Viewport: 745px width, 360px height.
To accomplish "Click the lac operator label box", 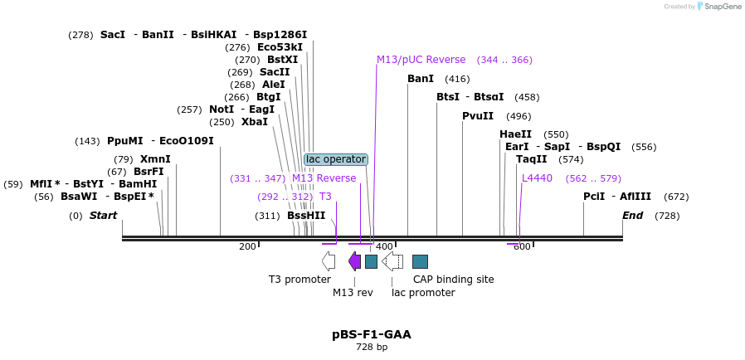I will (x=336, y=159).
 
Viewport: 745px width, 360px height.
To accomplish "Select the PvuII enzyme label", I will (x=478, y=116).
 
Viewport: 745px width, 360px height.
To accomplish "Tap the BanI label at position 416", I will (x=421, y=79).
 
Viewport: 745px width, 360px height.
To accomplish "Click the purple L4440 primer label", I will (x=537, y=178).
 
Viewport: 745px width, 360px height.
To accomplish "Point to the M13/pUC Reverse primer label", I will (x=421, y=60).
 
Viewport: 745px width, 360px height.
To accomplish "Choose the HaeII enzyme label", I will (x=515, y=134).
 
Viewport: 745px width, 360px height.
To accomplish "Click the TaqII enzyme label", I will (x=532, y=159).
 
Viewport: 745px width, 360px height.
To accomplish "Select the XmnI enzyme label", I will (x=155, y=159).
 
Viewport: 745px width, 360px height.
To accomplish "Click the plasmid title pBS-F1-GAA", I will (x=372, y=335).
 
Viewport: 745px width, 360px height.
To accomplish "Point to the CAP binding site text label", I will (x=453, y=280).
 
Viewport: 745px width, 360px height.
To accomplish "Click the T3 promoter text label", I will (x=299, y=280).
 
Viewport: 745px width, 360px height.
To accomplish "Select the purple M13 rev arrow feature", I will (x=354, y=262).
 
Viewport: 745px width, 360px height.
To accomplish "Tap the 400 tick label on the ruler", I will (x=383, y=247).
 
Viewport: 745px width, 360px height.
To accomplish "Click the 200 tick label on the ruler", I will (x=247, y=247).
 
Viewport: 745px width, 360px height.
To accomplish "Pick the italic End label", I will (x=633, y=216).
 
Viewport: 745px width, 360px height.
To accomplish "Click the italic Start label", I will (x=104, y=216).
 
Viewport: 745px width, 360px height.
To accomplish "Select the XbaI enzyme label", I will (x=255, y=122).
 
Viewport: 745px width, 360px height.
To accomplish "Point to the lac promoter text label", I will (x=423, y=293).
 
